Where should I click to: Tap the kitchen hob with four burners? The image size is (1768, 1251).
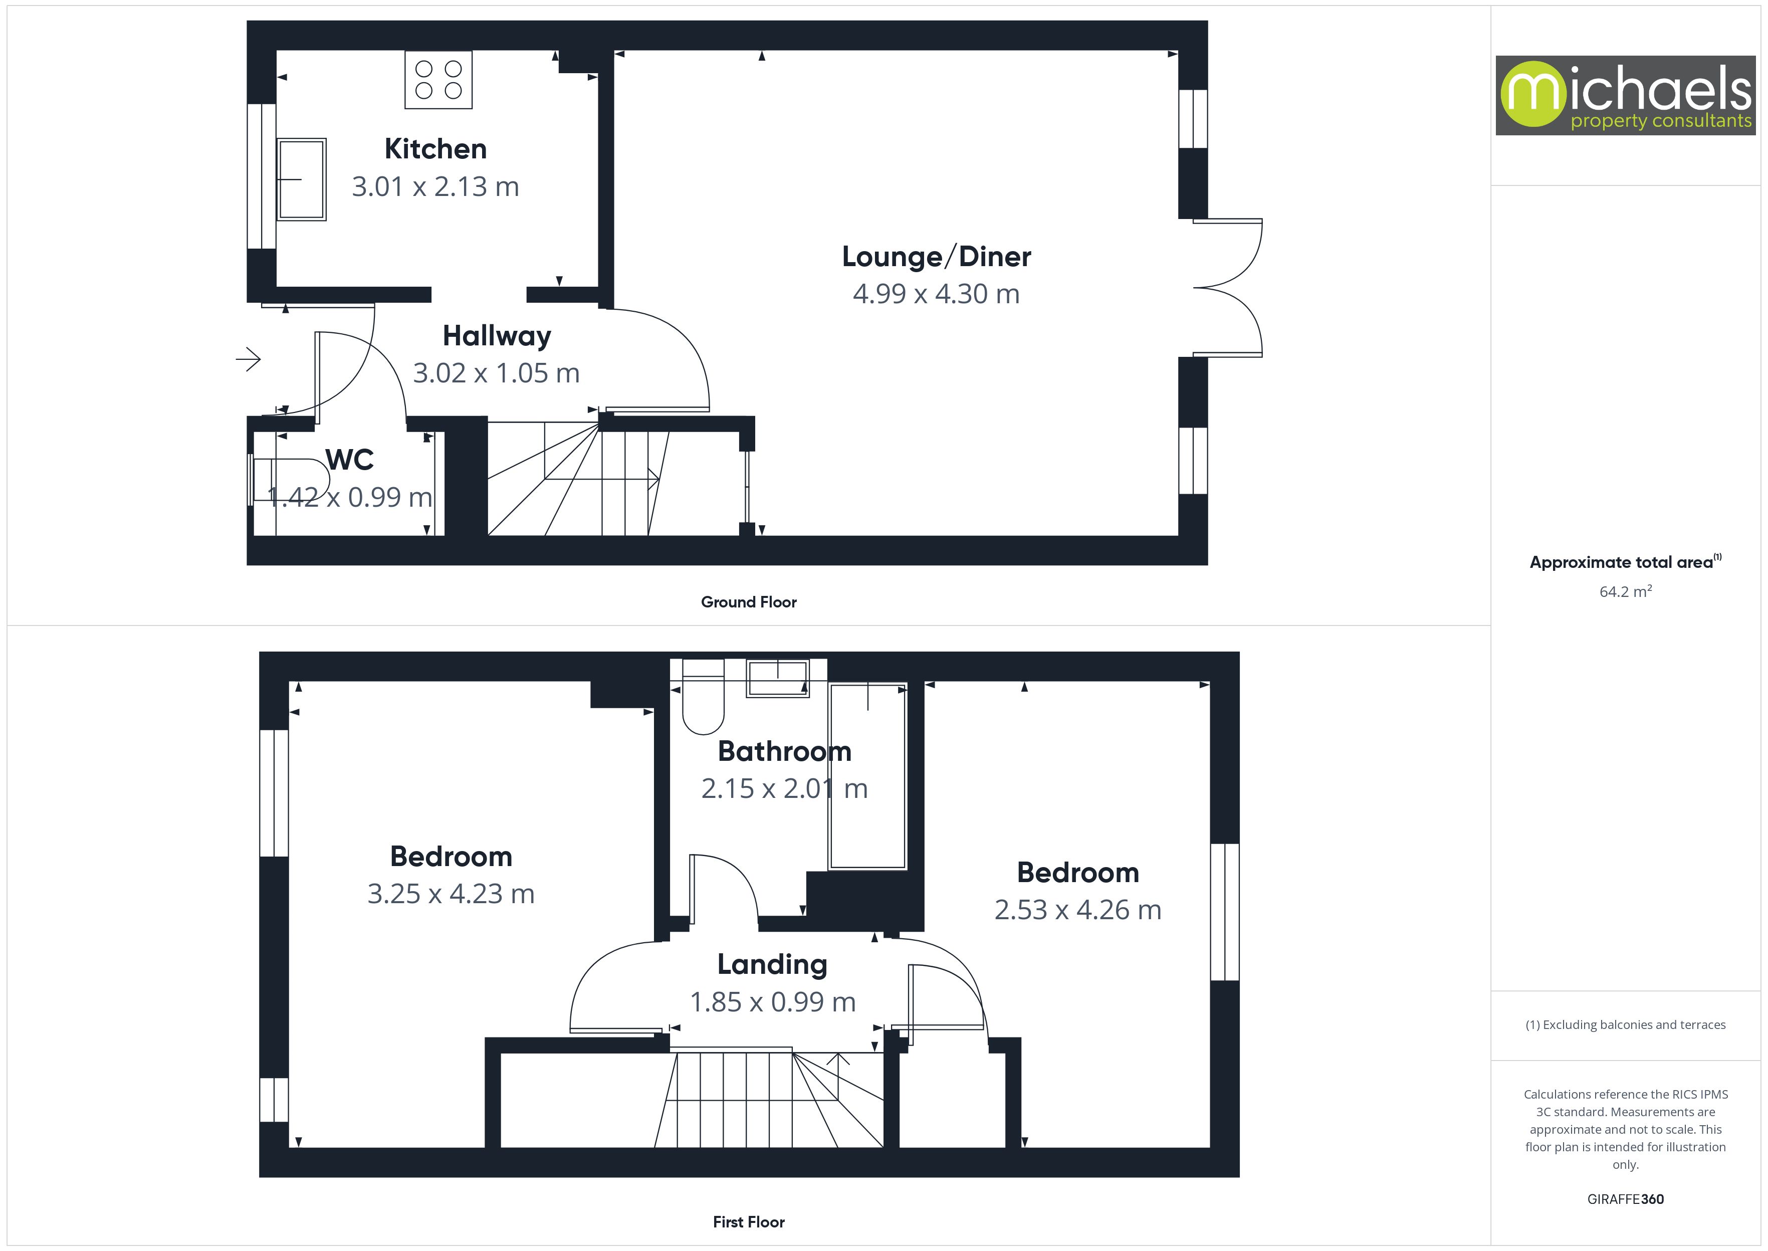[x=438, y=79]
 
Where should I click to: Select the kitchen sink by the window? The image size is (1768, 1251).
[x=301, y=179]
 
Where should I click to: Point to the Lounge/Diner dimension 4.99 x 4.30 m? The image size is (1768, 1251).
[x=936, y=294]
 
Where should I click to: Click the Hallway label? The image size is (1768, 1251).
[x=497, y=336]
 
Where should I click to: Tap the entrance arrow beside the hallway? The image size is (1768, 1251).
[x=249, y=359]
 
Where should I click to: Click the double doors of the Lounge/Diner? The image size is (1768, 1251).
[x=1228, y=287]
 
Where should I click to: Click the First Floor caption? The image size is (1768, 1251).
[x=749, y=1222]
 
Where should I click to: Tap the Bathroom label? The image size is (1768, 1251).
[x=784, y=751]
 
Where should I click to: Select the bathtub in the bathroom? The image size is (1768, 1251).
[x=867, y=776]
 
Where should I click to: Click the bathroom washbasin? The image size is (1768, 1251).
[x=777, y=678]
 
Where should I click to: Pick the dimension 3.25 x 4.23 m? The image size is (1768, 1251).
[x=451, y=894]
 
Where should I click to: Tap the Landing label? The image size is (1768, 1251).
[x=772, y=964]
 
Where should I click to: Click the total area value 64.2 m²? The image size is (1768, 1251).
[x=1625, y=591]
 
